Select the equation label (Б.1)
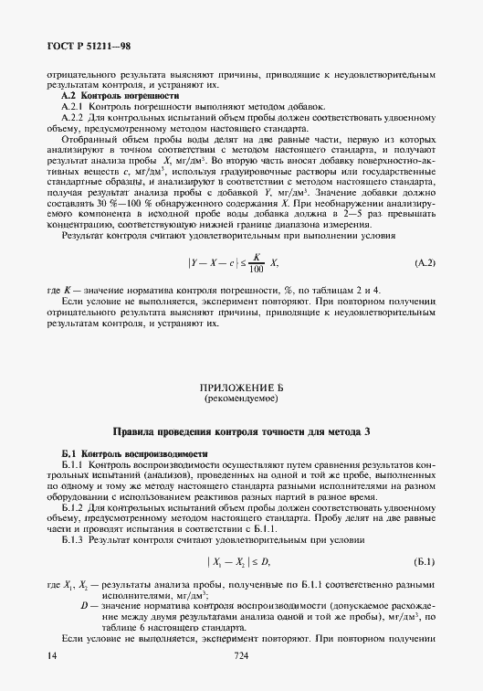click(x=425, y=562)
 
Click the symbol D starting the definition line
click(x=84, y=606)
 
